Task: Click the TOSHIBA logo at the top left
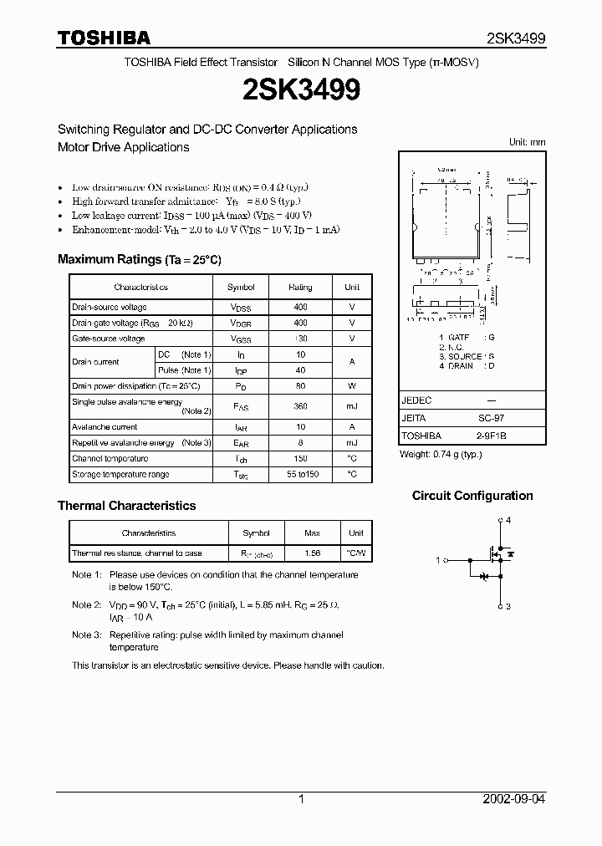pos(104,38)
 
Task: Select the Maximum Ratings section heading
pos(139,259)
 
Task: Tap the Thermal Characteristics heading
pos(126,506)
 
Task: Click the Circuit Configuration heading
pos(472,496)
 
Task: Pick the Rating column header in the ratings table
pos(300,287)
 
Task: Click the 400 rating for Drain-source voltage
pos(300,307)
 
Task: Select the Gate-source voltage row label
pos(108,339)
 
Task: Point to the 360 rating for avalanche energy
pos(300,406)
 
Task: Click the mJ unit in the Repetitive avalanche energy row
pos(352,442)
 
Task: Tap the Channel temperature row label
pos(110,458)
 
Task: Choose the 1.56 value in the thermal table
pos(312,553)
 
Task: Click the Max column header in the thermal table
pos(312,533)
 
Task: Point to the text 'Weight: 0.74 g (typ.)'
pos(441,454)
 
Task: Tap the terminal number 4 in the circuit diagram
pos(508,520)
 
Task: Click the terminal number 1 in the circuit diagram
pos(438,560)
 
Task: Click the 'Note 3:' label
pos(86,635)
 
